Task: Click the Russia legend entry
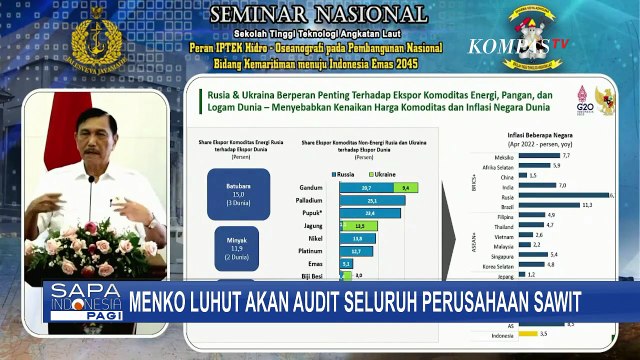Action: [345, 173]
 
